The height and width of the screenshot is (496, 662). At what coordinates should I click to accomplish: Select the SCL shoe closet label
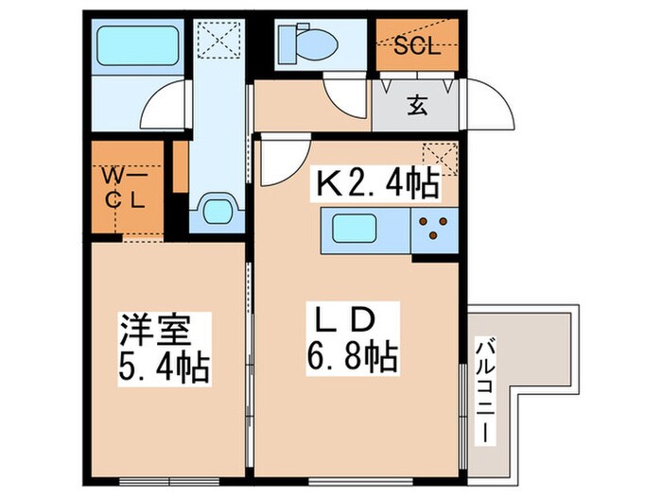click(416, 46)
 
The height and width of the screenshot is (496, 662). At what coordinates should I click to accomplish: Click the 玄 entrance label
click(416, 105)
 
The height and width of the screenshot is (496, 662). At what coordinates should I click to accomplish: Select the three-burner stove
click(433, 230)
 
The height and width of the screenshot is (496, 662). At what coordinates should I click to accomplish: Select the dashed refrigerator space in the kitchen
click(441, 159)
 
